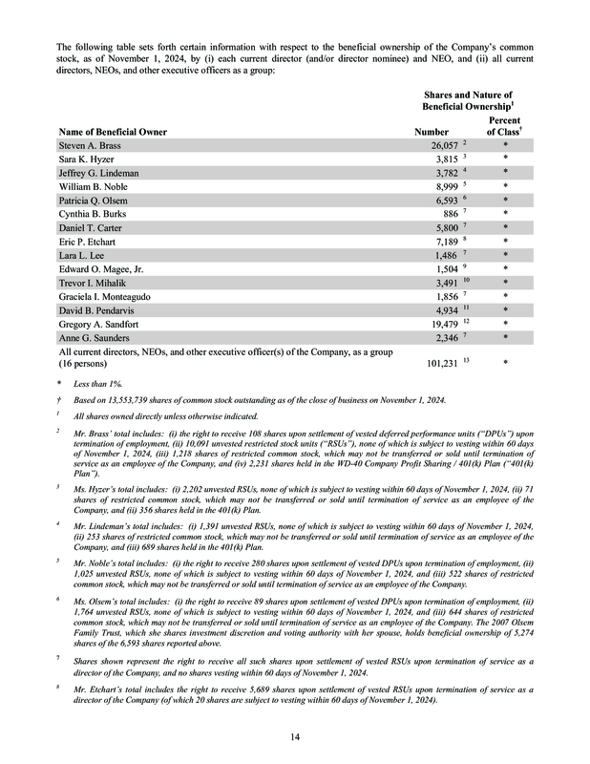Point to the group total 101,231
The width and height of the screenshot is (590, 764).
point(437,364)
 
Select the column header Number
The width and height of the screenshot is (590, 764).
point(431,131)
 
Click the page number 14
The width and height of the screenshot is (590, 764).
point(294,734)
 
